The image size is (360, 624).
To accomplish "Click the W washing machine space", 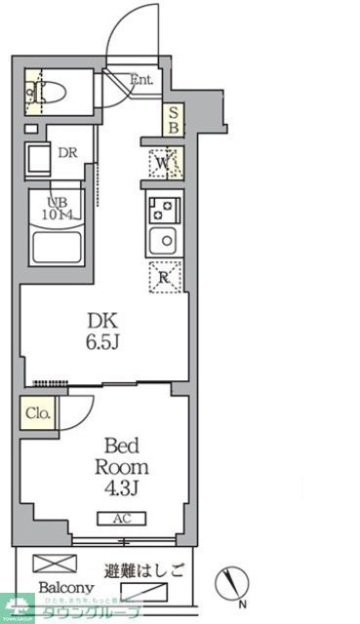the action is (x=162, y=164).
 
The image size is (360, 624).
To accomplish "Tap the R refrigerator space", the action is (x=163, y=276).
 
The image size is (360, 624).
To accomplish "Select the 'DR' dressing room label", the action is (x=67, y=152).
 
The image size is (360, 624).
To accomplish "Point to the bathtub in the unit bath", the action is (x=57, y=246).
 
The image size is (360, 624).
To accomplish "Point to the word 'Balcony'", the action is (x=66, y=589).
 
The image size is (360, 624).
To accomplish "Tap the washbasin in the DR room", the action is (x=43, y=159).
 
